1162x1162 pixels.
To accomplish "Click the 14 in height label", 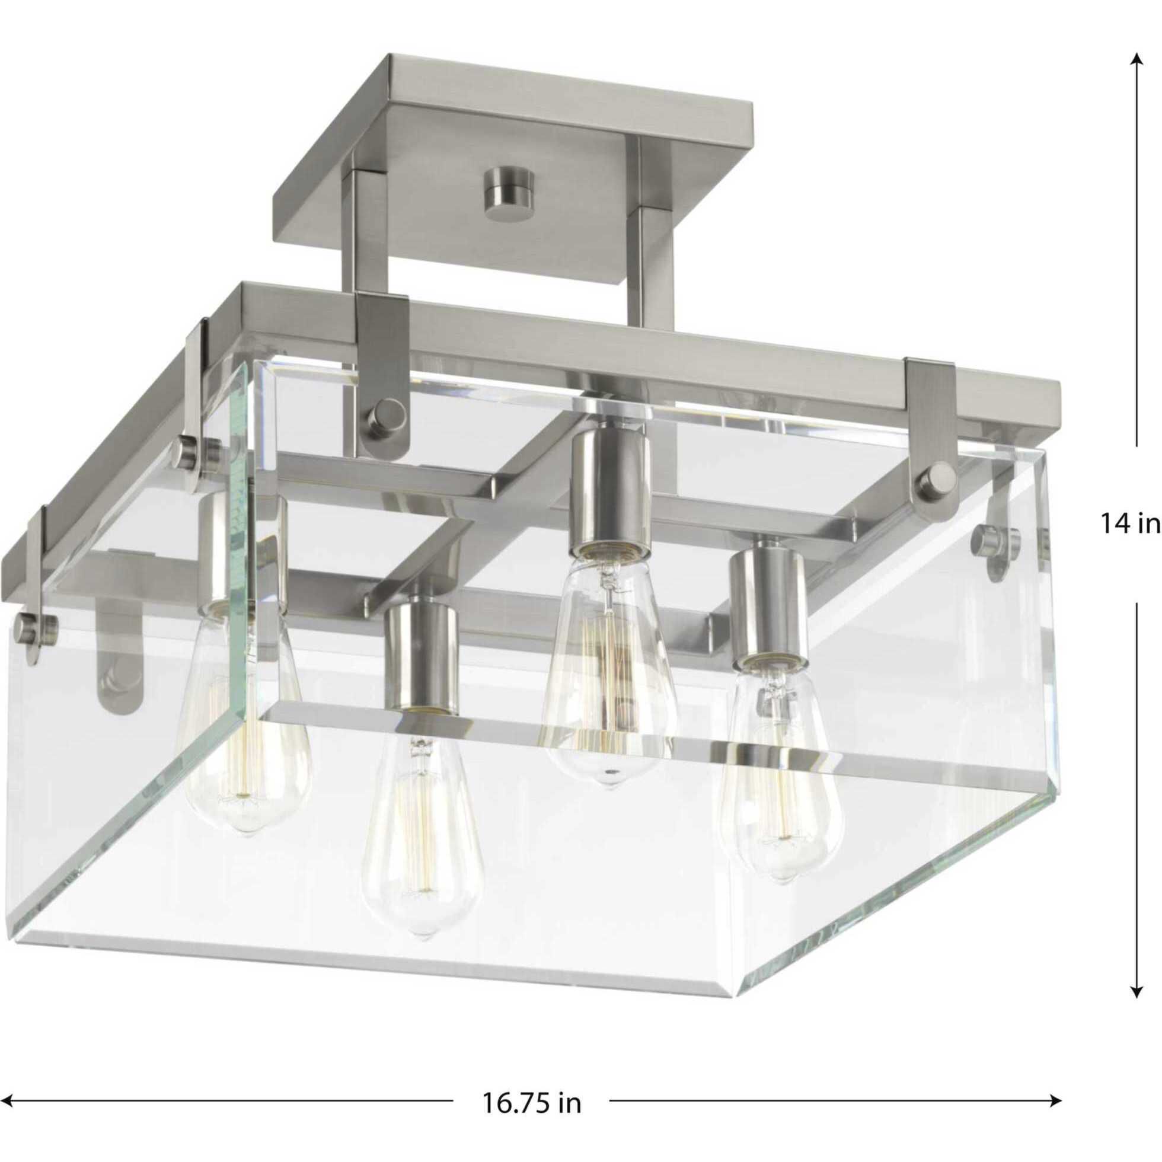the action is coord(1130,523).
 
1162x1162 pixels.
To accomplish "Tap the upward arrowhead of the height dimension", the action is coord(1135,61).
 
